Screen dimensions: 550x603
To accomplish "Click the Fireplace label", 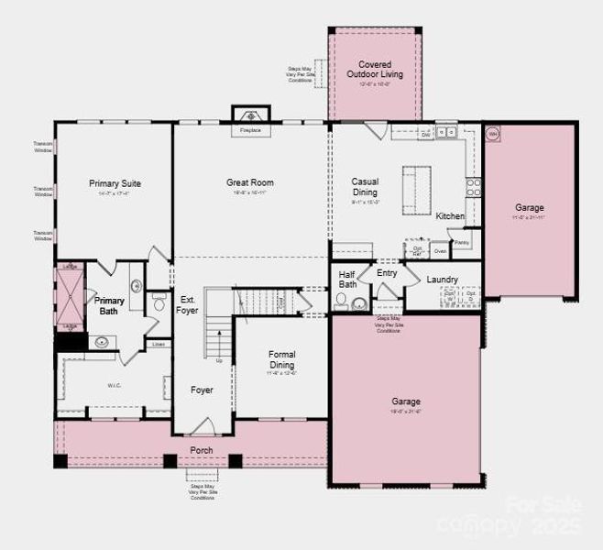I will click(250, 130).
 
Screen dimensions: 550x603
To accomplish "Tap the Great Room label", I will click(250, 182).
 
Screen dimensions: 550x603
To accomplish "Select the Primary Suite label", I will click(115, 183).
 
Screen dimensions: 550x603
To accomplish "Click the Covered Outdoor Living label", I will click(375, 70).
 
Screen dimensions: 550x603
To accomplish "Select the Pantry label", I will click(461, 242).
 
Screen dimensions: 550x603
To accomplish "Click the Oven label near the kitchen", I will click(440, 250).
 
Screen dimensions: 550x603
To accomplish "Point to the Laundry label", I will click(442, 279).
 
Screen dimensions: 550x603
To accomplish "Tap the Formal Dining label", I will click(282, 359).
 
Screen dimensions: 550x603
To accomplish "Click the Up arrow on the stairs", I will click(218, 360).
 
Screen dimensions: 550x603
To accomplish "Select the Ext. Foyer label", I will click(188, 304).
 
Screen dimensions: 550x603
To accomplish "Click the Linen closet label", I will click(159, 344).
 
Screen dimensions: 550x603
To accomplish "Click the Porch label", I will click(201, 450).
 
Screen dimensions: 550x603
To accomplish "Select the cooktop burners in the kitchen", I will click(473, 188).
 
